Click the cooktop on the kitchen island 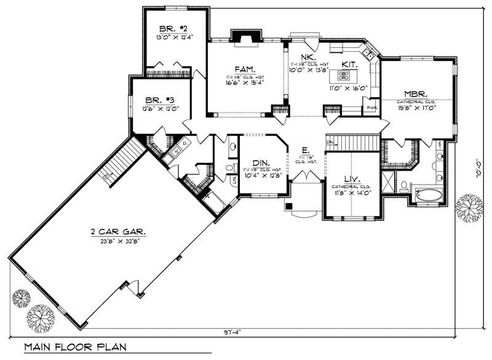pyautogui.click(x=344, y=76)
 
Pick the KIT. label pyautogui.click(x=350, y=63)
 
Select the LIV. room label pyautogui.click(x=351, y=178)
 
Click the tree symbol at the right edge pyautogui.click(x=469, y=207)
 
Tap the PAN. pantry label pyautogui.click(x=372, y=108)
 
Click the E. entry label pyautogui.click(x=304, y=150)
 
